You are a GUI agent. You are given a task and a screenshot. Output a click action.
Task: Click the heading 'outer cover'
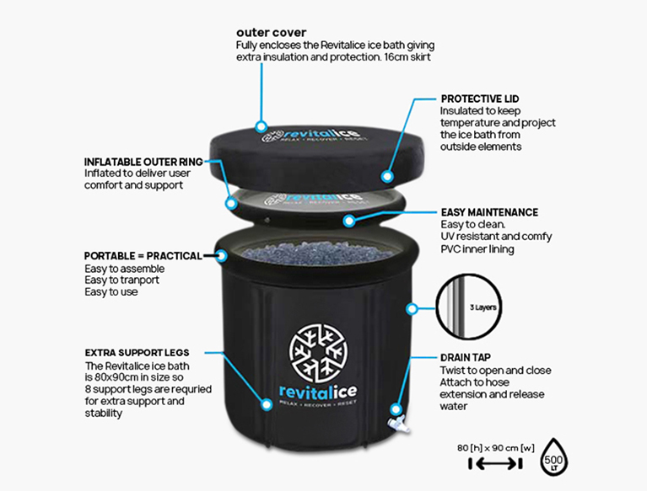pyautogui.click(x=271, y=33)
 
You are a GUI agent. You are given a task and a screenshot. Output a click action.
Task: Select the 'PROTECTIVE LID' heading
pyautogui.click(x=480, y=99)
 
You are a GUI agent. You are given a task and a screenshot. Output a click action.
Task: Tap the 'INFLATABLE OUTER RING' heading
pyautogui.click(x=143, y=162)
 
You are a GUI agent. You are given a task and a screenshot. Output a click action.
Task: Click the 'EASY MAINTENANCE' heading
pyautogui.click(x=489, y=212)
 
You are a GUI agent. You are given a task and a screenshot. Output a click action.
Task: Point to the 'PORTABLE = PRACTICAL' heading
pyautogui.click(x=143, y=256)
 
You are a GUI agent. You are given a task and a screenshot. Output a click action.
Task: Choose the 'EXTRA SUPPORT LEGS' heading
pyautogui.click(x=137, y=353)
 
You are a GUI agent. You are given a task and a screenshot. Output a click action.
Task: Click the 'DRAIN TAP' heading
pyautogui.click(x=466, y=358)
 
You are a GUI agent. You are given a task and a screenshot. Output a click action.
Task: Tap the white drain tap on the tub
pyautogui.click(x=398, y=424)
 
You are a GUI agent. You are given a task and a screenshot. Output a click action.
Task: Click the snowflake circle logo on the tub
pyautogui.click(x=318, y=352)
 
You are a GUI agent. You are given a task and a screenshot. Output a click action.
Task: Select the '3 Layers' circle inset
pyautogui.click(x=469, y=307)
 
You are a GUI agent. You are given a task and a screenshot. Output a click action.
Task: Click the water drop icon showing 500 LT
pyautogui.click(x=553, y=457)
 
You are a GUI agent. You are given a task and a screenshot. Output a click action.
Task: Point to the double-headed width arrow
pyautogui.click(x=495, y=464)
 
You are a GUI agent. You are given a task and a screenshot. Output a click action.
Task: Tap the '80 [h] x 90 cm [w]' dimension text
pyautogui.click(x=495, y=448)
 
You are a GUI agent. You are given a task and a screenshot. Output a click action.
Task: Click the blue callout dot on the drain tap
pyautogui.click(x=396, y=409)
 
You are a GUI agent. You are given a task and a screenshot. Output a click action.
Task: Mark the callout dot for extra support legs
pyautogui.click(x=267, y=404)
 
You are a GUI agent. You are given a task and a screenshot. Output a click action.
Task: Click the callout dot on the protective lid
pyautogui.click(x=386, y=176)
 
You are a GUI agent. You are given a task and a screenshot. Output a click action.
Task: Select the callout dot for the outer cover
pyautogui.click(x=261, y=126)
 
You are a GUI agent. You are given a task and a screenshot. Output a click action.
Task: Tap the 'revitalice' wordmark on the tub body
pyautogui.click(x=318, y=392)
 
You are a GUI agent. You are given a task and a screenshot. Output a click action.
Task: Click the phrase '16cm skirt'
pyautogui.click(x=407, y=56)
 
